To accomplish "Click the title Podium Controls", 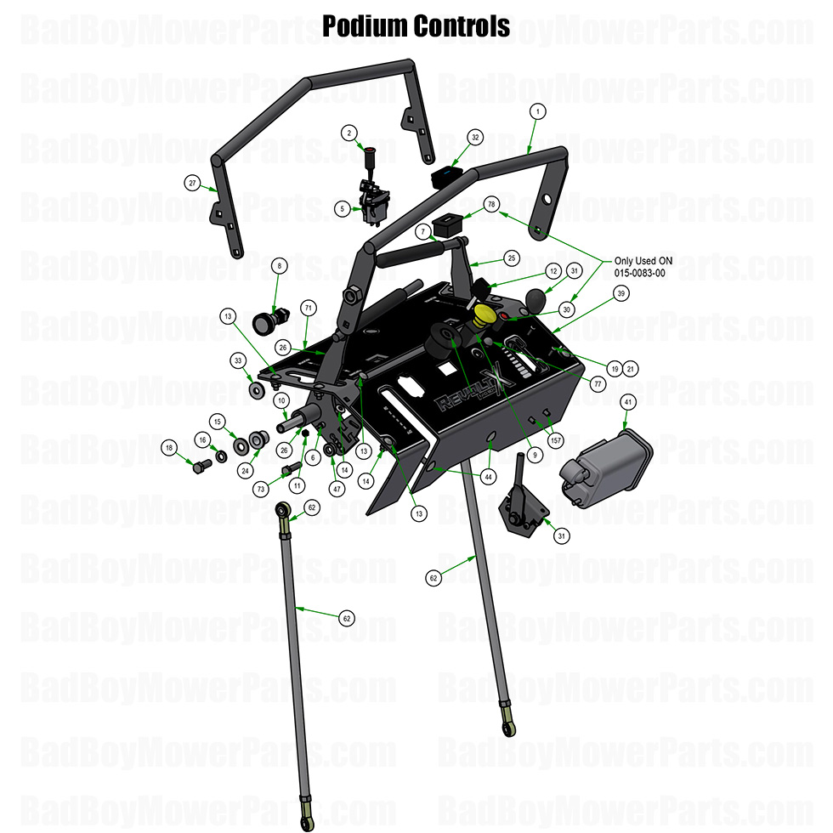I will coord(416,26).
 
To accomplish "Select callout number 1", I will coord(536,111).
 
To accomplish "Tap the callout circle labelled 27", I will coord(192,183).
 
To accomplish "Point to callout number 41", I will coord(628,401).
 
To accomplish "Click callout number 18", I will coord(169,448).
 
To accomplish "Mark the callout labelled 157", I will coord(556,440).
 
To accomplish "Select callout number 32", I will coord(475,137).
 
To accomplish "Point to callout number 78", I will coord(491,205).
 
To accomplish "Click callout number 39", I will coord(621,293).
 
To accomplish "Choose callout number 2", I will coord(348,133).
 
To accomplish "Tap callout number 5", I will coord(340,208).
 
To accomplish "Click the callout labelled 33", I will coord(238,361).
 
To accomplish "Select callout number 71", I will coord(309,307).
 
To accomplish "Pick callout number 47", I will coord(337,489).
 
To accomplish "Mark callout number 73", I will coord(260,489).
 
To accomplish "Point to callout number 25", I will coord(511,257).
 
